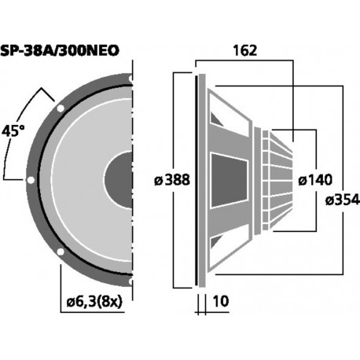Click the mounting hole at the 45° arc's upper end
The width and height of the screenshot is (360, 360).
click(60, 107)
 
